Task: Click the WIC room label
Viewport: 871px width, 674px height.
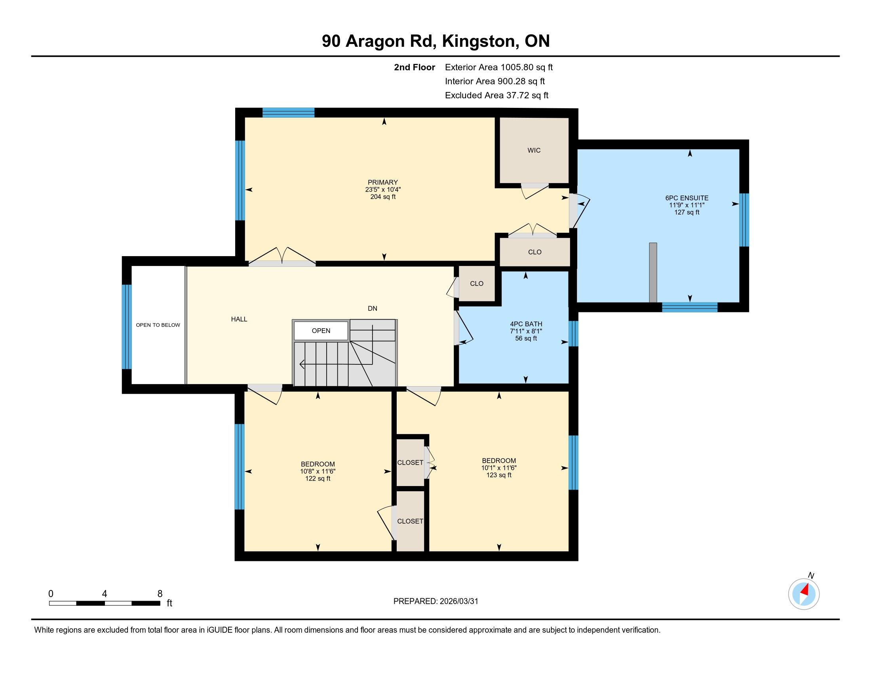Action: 534,151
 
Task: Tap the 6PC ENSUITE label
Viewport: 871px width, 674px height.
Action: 687,198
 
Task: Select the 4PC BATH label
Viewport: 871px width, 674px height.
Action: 526,324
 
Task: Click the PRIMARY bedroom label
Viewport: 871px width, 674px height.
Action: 383,182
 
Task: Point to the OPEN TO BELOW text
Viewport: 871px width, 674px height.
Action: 158,325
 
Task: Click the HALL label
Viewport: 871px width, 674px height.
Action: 239,319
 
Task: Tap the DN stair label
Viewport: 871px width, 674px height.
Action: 373,308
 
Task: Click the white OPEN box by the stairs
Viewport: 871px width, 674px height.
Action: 321,331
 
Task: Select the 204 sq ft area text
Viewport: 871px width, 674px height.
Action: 383,197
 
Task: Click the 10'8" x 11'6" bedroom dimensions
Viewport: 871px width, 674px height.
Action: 318,471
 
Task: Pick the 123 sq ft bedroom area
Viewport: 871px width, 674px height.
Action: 499,475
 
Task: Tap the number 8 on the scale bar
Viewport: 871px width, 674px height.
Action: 160,594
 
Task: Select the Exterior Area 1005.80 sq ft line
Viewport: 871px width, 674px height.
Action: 499,67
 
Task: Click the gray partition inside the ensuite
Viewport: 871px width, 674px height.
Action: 653,272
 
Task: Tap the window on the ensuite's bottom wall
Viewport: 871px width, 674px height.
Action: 690,307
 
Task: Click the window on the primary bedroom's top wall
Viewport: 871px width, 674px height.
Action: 288,113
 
